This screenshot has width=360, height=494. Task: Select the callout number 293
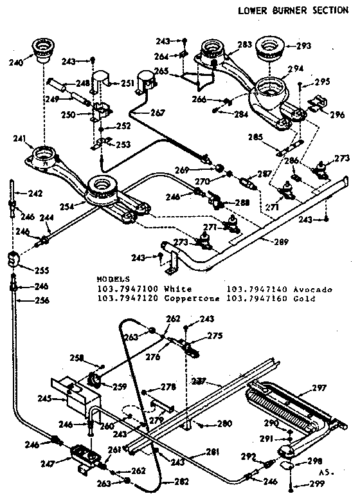[x=303, y=46]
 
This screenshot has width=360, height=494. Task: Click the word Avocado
[x=312, y=289]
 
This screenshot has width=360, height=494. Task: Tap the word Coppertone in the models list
[x=193, y=298]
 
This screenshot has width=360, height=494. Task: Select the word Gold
[x=303, y=298]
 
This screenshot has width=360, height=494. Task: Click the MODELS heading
[x=113, y=280]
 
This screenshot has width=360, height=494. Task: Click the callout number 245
[x=44, y=399]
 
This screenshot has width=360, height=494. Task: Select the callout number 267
[x=157, y=113]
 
